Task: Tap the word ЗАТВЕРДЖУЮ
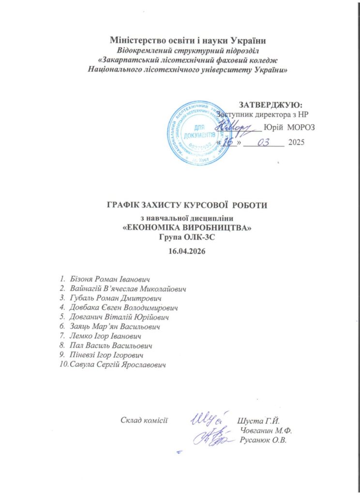pos(271,104)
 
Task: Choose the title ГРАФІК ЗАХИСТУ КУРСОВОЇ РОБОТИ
pos(186,205)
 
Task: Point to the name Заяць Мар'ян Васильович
pos(111,326)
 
